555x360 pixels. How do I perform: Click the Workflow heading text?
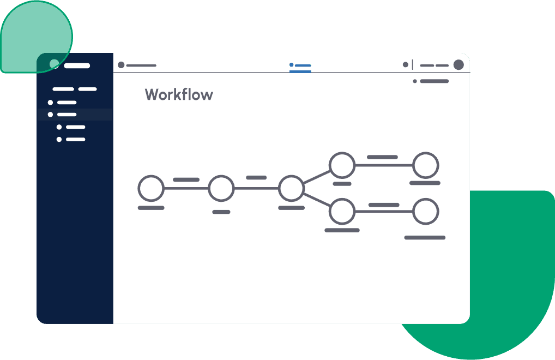click(x=179, y=94)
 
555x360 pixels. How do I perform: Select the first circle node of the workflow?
click(x=151, y=176)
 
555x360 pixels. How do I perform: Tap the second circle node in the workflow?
click(x=221, y=176)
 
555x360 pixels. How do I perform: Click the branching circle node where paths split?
click(x=291, y=176)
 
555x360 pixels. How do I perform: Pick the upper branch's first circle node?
click(x=342, y=153)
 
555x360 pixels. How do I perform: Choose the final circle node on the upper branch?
click(x=426, y=153)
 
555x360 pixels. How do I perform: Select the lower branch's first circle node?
click(x=342, y=199)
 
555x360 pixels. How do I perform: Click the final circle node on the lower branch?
click(x=426, y=199)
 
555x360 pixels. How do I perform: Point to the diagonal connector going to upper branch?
click(x=317, y=177)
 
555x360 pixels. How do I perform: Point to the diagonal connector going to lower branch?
click(x=317, y=200)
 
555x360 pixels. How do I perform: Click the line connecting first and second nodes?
click(x=186, y=188)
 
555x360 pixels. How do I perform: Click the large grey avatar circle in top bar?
click(x=459, y=65)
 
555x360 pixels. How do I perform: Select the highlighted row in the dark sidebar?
click(x=75, y=115)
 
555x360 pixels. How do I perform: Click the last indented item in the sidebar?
click(x=71, y=140)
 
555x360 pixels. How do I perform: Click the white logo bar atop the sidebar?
click(x=77, y=65)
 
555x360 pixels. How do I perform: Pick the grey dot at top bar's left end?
click(x=121, y=65)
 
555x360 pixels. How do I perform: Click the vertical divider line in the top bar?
click(x=413, y=65)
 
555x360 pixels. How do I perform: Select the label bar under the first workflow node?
click(x=151, y=208)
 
